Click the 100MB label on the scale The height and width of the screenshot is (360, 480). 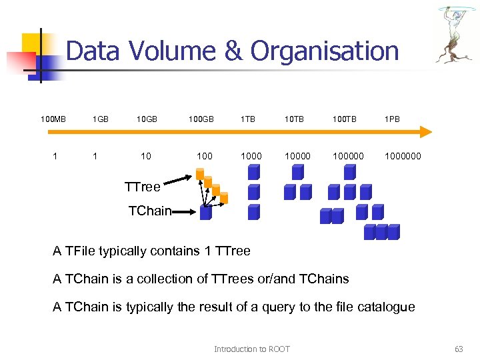tap(53, 120)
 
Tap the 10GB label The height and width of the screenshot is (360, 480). tap(147, 120)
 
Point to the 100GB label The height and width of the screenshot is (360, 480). tap(201, 120)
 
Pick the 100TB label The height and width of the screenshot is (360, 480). tap(345, 120)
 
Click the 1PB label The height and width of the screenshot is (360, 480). tap(393, 120)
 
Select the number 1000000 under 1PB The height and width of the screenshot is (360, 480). tap(402, 156)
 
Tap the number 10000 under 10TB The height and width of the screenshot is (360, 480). tap(297, 156)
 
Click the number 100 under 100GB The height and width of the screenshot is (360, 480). tap(204, 156)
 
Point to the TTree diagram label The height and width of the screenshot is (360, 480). tap(142, 187)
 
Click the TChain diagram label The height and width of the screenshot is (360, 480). tap(149, 211)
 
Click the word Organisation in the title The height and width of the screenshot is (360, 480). tap(324, 51)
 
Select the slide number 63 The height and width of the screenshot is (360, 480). tap(458, 349)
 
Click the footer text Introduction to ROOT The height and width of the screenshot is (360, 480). tap(251, 349)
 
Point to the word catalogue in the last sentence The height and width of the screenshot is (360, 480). tap(384, 307)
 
